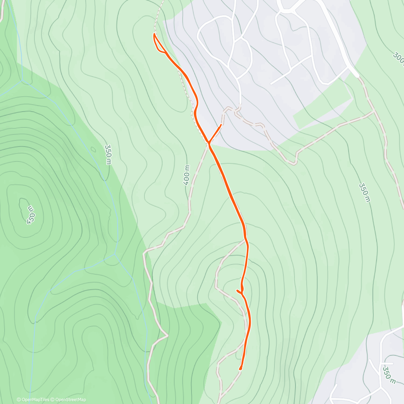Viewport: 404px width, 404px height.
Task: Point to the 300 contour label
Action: (x=398, y=59)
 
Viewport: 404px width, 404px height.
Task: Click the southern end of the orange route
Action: (x=240, y=369)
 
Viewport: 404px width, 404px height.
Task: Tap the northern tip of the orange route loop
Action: (x=155, y=34)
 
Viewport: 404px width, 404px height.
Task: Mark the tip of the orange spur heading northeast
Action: (x=221, y=125)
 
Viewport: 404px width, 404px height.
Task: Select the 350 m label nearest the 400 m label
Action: (x=108, y=155)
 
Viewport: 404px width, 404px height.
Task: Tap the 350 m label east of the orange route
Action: (x=364, y=193)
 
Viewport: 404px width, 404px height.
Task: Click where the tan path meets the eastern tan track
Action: (x=374, y=111)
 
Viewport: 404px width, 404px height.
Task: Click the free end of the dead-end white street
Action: (x=271, y=83)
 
